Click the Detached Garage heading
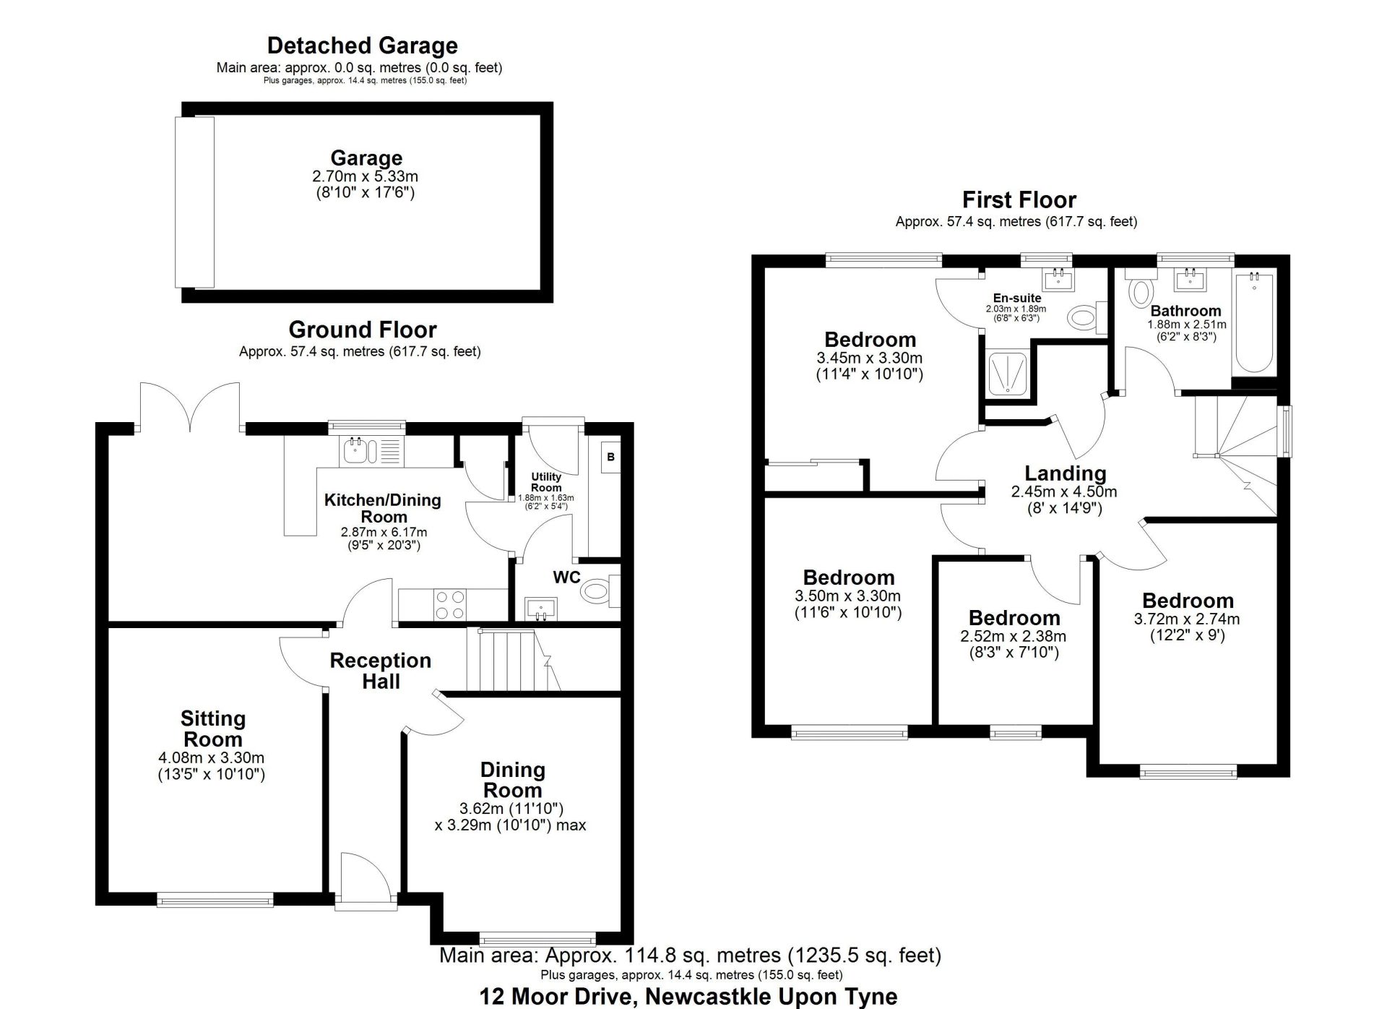pos(362,46)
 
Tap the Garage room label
pos(366,158)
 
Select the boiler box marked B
pos(610,457)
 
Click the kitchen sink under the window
pos(360,451)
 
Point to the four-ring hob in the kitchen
pos(449,605)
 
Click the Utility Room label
pos(546,482)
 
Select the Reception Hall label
pos(381,671)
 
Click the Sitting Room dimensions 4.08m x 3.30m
pos(212,758)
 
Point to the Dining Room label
pos(512,780)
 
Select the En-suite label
pos(1017,298)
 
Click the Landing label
pos(1066,473)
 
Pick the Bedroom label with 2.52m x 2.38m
pos(1014,618)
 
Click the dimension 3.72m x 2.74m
pos(1187,619)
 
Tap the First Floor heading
pos(1019,199)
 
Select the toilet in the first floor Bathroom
pos(1141,291)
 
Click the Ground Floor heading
pos(363,330)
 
